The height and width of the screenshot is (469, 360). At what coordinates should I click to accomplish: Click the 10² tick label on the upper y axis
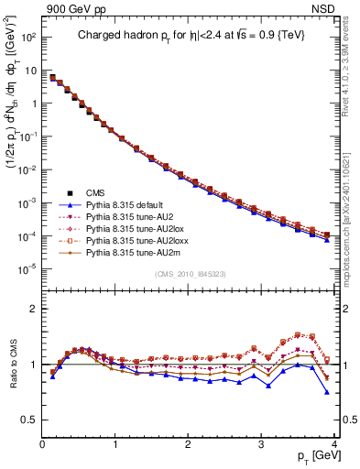[28, 38]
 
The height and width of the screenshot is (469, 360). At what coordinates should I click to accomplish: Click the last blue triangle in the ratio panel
[327, 392]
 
